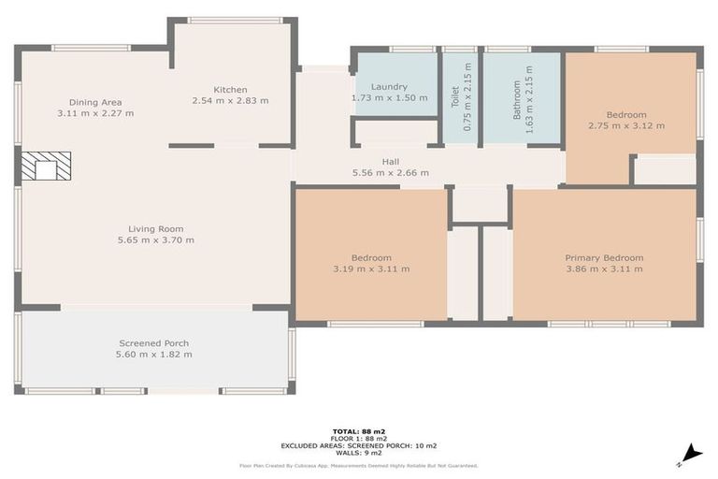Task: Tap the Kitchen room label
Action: tap(230, 90)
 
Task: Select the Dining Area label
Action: tap(95, 102)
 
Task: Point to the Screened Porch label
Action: tap(154, 343)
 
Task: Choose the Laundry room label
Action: tap(388, 86)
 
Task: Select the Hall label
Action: tap(390, 161)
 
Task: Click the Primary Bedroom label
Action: tap(604, 257)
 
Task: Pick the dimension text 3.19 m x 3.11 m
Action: tap(371, 269)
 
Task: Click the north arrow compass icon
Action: tap(691, 455)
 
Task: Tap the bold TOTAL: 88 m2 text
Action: tap(359, 431)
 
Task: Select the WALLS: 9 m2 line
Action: tap(359, 453)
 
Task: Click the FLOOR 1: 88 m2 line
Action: tap(359, 438)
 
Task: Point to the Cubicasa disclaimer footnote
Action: tap(359, 465)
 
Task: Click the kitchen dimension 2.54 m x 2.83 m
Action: tap(230, 101)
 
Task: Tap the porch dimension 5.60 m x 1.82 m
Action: tap(154, 355)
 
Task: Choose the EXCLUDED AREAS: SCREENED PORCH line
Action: tap(359, 445)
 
